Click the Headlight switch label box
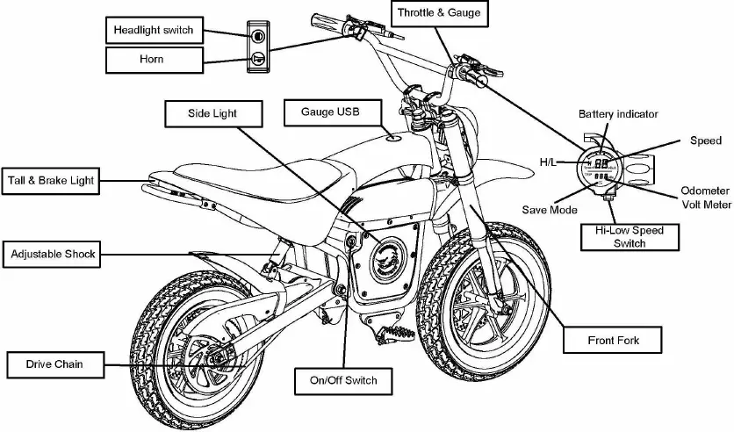click(x=154, y=31)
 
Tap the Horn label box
click(x=154, y=60)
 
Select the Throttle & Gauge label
click(x=438, y=13)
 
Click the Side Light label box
click(x=212, y=113)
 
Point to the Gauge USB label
click(x=329, y=112)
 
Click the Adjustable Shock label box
click(x=53, y=255)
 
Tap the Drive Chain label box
click(x=54, y=364)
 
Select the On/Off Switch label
click(x=343, y=380)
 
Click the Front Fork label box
click(x=613, y=340)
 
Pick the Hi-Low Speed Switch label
click(x=629, y=237)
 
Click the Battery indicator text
click(x=617, y=114)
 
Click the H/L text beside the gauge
click(x=548, y=162)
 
